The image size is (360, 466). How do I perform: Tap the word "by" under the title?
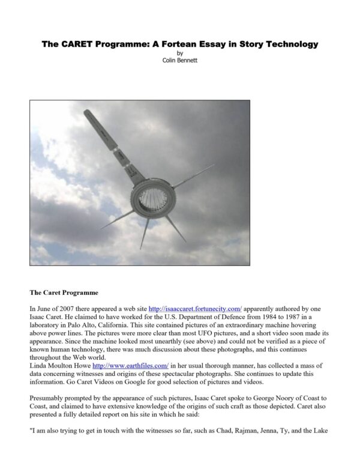tap(180, 53)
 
